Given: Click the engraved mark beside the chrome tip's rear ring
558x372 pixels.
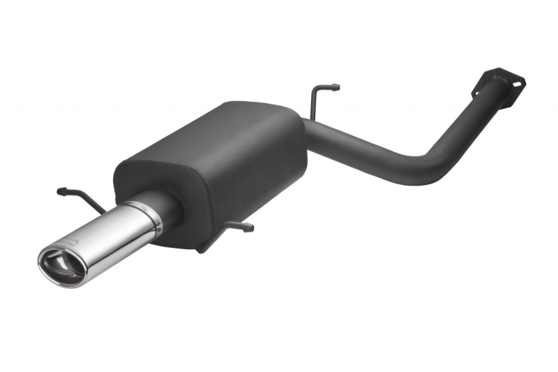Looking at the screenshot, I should (137, 207).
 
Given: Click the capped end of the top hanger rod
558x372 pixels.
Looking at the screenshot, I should (335, 88).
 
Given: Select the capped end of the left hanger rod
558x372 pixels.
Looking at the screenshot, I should (61, 191).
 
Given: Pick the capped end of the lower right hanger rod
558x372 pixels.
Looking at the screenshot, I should (249, 227).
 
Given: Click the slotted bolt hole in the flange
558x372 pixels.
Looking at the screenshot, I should (515, 82).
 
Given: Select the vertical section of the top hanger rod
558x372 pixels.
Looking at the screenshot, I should (315, 103).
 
